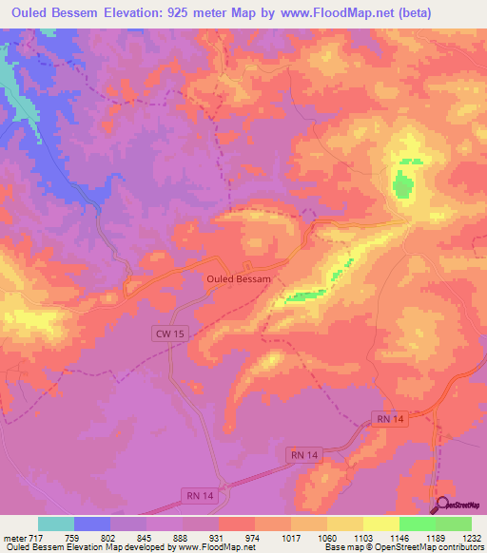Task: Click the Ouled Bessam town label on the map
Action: (239, 279)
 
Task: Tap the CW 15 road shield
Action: (166, 334)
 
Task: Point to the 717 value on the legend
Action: (32, 537)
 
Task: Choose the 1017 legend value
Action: (291, 537)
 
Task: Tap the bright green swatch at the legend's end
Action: (453, 524)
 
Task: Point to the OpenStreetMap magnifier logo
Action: (440, 505)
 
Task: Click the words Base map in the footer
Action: (341, 548)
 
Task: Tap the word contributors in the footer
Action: (459, 548)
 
